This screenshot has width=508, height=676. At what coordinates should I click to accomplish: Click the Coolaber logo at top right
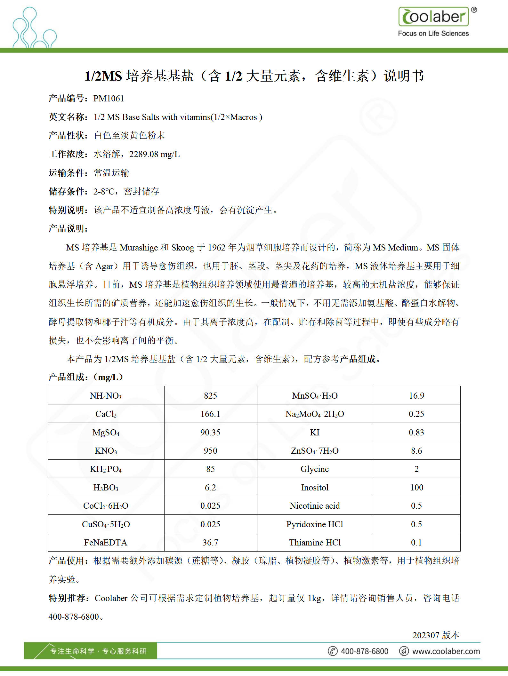[x=434, y=17]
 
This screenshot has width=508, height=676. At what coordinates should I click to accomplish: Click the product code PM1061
[x=109, y=99]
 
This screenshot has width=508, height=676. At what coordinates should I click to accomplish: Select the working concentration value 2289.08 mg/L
[x=154, y=154]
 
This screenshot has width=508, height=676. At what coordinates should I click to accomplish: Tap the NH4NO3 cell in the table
[x=106, y=396]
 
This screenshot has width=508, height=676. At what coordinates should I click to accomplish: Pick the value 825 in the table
[x=210, y=396]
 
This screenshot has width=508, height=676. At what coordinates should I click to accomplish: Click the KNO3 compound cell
[x=106, y=451]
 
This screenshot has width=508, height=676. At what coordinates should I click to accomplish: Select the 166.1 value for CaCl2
[x=210, y=414]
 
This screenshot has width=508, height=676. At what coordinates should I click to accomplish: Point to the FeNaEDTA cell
[x=106, y=543]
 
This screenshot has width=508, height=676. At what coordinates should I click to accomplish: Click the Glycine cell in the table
[x=315, y=469]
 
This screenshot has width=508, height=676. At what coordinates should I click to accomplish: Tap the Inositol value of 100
[x=416, y=488]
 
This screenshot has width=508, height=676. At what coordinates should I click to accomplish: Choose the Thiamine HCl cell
[x=315, y=543]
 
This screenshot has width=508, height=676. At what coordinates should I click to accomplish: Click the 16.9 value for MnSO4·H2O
[x=416, y=396]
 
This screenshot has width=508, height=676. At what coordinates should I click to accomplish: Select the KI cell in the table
[x=315, y=433]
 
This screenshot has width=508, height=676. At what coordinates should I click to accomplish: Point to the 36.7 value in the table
[x=210, y=543]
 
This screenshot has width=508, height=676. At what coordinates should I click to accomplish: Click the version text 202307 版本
[x=436, y=635]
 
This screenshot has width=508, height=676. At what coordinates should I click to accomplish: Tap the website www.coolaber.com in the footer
[x=446, y=651]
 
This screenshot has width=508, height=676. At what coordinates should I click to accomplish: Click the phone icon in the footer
[x=333, y=651]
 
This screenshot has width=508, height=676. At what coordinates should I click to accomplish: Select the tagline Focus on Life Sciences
[x=433, y=34]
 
